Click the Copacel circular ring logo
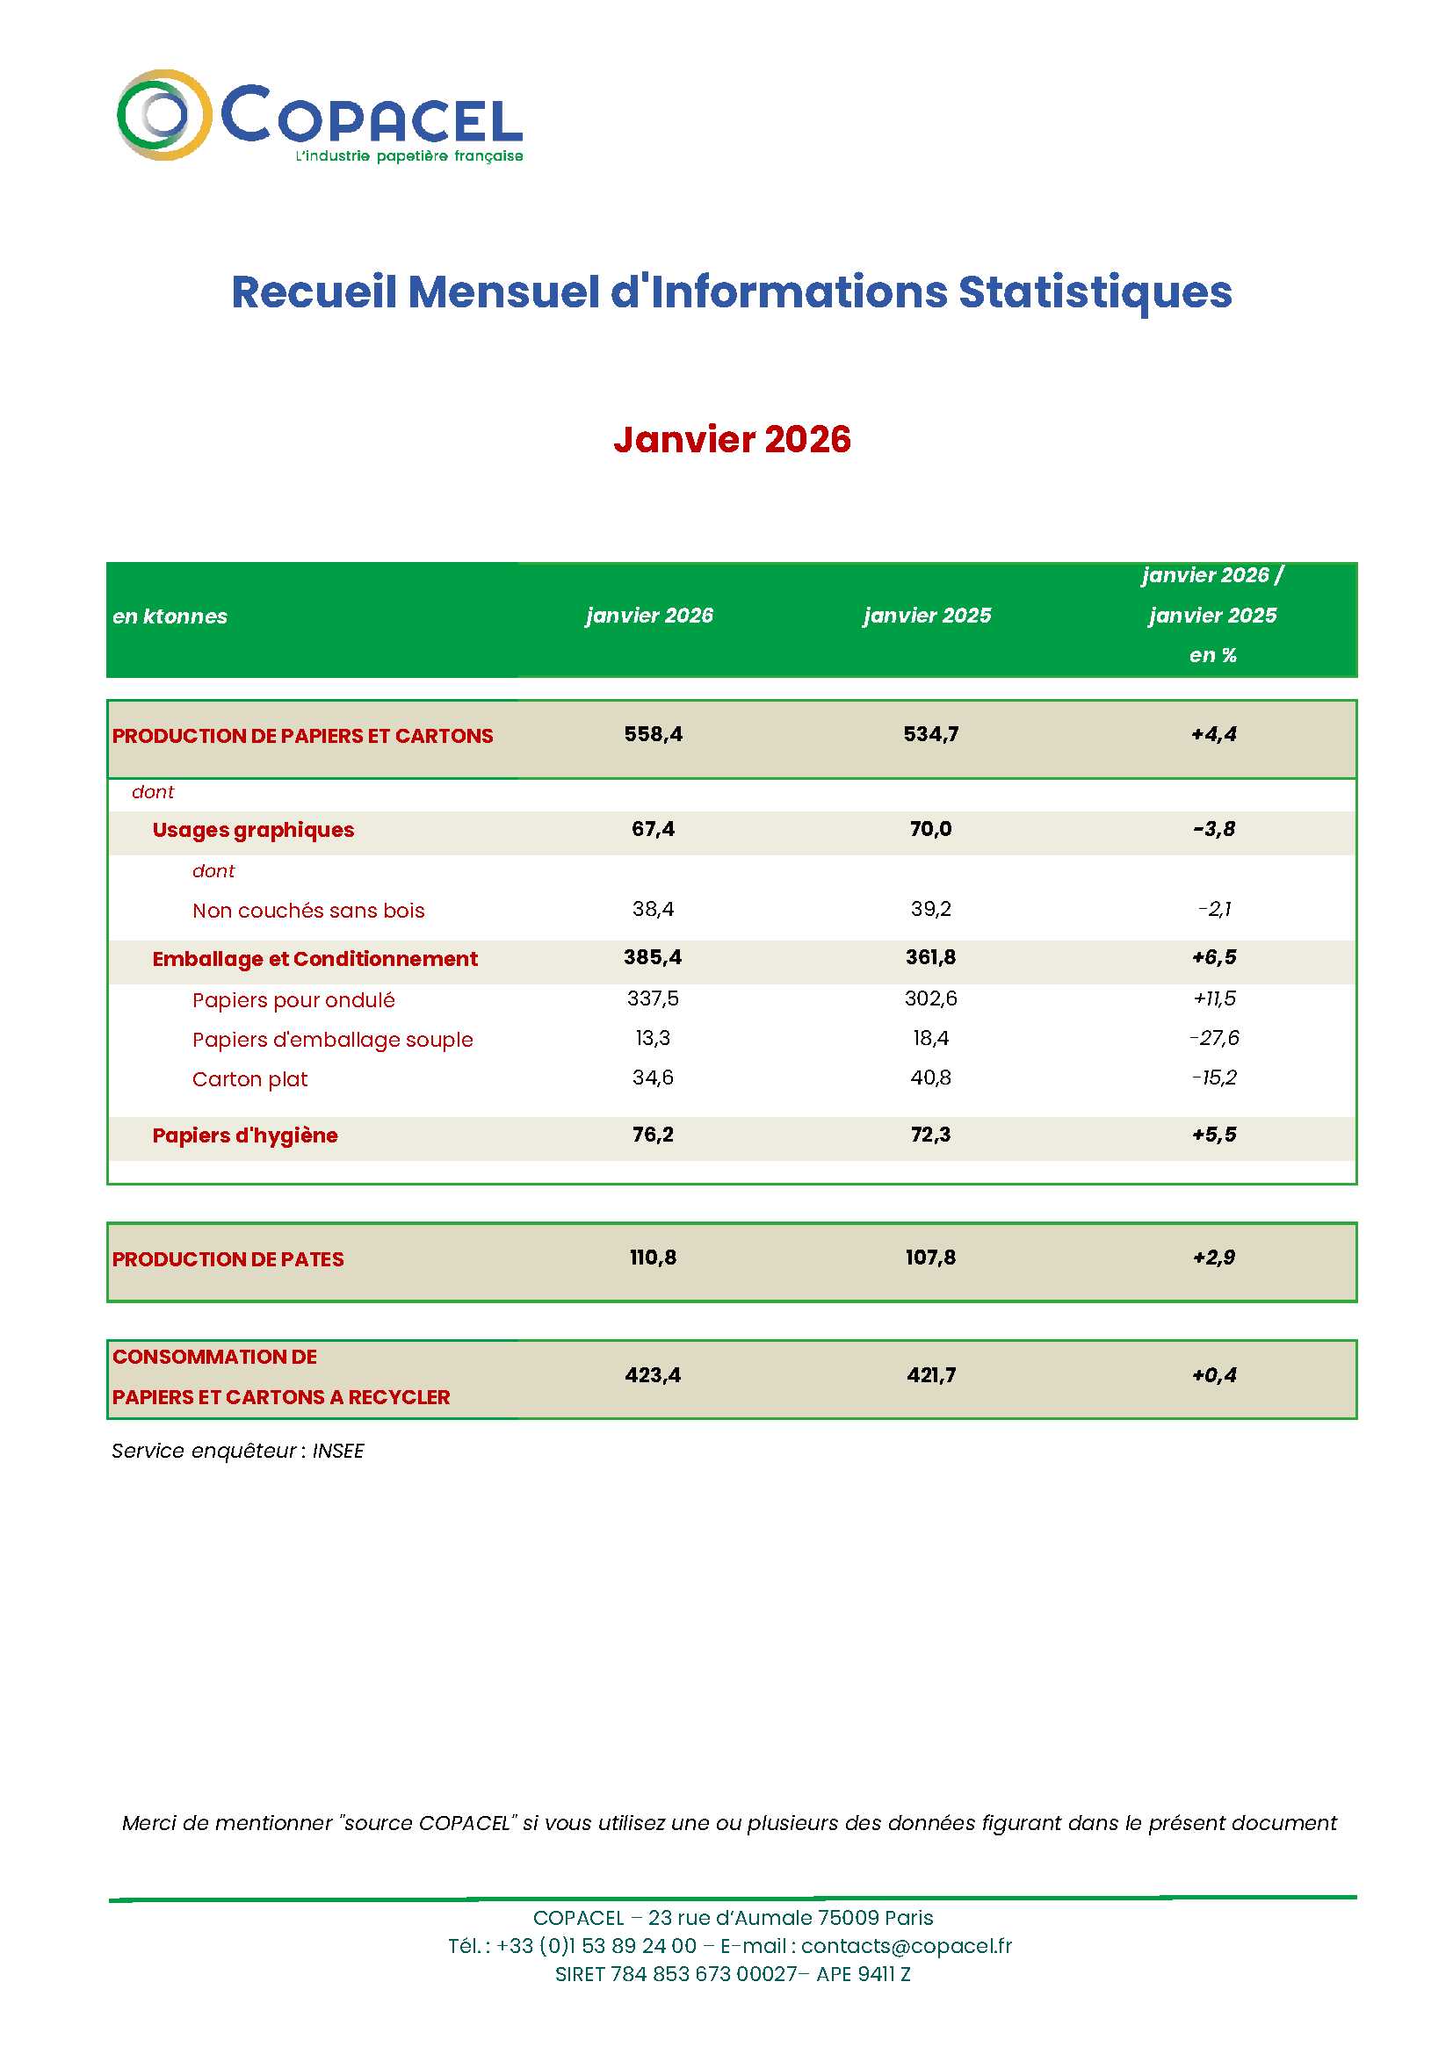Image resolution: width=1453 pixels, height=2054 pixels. click(163, 115)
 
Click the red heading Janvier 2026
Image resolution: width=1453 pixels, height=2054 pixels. click(731, 439)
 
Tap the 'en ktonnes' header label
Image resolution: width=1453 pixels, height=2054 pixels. click(170, 616)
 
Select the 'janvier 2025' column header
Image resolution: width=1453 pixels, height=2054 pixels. click(926, 616)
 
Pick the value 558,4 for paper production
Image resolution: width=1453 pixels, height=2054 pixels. click(652, 734)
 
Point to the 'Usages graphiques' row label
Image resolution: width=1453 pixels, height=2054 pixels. click(253, 830)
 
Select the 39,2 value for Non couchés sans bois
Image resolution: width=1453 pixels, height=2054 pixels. click(929, 909)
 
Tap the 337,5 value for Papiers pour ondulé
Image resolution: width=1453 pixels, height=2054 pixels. click(652, 998)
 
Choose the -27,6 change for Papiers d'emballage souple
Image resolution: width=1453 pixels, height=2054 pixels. click(1213, 1038)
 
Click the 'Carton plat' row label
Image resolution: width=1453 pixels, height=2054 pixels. click(249, 1079)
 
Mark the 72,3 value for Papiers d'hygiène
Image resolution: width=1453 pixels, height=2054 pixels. click(929, 1135)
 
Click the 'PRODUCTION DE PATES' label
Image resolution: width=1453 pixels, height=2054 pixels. click(228, 1259)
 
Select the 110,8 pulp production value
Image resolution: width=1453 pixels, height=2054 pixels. click(652, 1258)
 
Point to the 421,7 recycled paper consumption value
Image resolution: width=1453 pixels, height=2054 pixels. click(930, 1375)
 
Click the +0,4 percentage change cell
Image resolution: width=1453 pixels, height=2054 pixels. click(1213, 1375)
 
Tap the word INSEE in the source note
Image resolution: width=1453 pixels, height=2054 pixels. click(337, 1451)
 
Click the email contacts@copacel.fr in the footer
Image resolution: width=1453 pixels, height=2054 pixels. click(906, 1946)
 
